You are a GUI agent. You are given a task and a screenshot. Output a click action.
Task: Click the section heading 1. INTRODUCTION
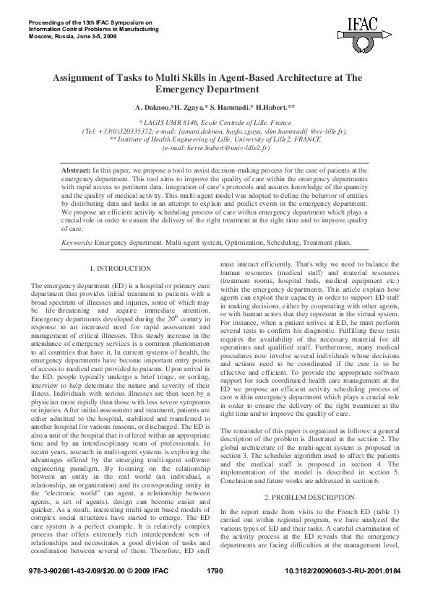point(121,269)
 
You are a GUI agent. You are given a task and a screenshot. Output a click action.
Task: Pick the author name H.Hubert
point(276,106)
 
